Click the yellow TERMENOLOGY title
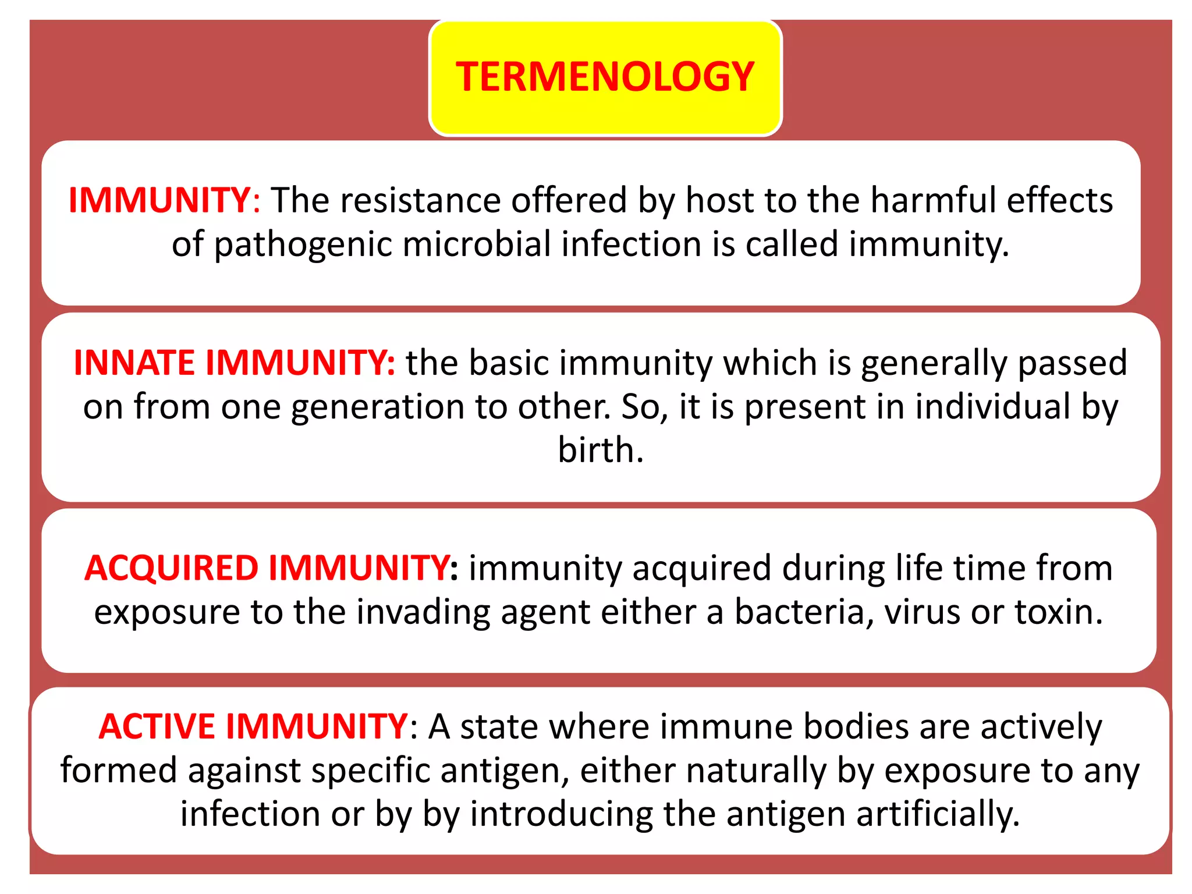pyautogui.click(x=605, y=77)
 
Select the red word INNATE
pyautogui.click(x=134, y=363)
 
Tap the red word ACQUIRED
pyautogui.click(x=171, y=568)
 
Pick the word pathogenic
pyautogui.click(x=303, y=244)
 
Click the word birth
pyautogui.click(x=600, y=450)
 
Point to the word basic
pyautogui.click(x=509, y=363)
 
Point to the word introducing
pyautogui.click(x=560, y=814)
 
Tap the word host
pyautogui.click(x=719, y=201)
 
